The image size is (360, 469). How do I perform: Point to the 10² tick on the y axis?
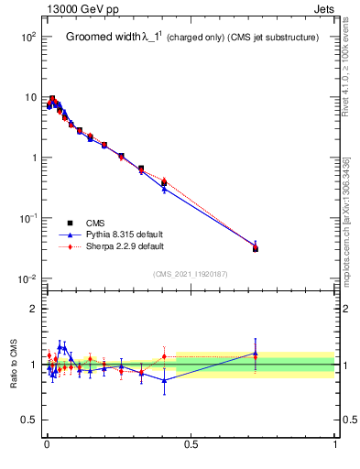click(27, 37)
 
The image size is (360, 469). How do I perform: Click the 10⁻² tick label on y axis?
click(27, 278)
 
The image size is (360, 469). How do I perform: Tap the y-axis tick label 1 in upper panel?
click(31, 158)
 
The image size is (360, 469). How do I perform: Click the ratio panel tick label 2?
click(32, 309)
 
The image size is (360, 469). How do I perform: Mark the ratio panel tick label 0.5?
click(27, 420)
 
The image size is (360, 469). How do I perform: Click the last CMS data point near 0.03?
click(256, 248)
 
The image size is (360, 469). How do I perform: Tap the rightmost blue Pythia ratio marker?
click(256, 354)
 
